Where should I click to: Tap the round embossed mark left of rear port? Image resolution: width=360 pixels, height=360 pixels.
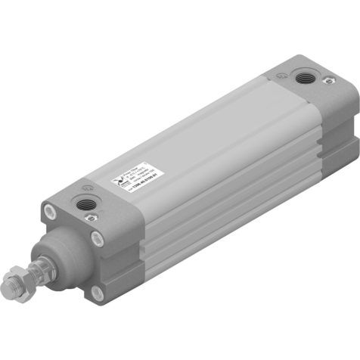(282, 76)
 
